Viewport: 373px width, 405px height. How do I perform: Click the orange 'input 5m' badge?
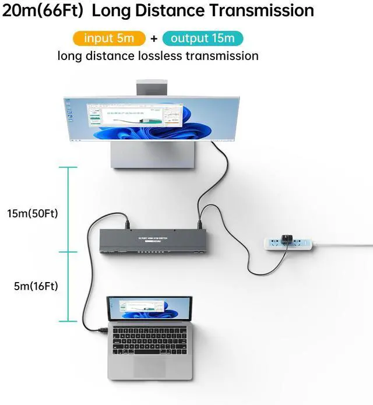coord(109,38)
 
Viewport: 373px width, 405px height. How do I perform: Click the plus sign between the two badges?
coord(153,39)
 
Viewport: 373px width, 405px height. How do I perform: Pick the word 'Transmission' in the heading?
coord(265,10)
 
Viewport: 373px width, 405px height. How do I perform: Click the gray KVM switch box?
coord(158,241)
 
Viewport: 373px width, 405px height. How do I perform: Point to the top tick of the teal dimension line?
coord(68,168)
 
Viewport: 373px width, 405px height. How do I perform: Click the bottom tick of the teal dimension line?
coord(68,320)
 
